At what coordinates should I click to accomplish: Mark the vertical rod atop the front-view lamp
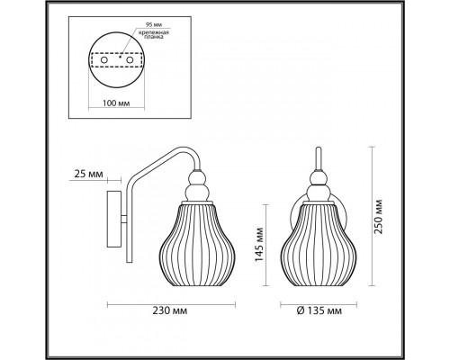[319, 160]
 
